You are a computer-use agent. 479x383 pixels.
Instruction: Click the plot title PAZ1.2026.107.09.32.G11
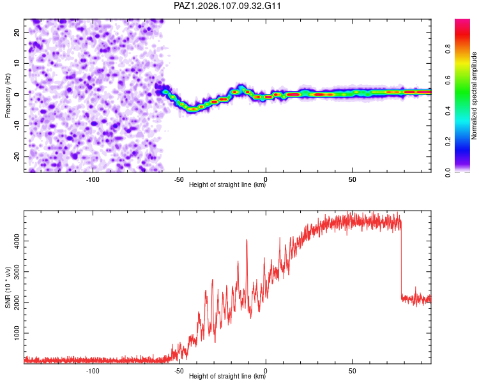pos(227,6)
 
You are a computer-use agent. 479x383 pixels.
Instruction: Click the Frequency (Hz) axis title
pos(8,96)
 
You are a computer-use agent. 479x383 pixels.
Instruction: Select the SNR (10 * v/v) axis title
pos(8,287)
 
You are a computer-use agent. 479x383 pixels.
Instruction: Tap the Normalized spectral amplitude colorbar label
pos(474,96)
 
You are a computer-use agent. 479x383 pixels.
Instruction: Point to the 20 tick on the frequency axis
pos(17,32)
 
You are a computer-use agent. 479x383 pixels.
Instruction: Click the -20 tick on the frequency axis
pos(17,156)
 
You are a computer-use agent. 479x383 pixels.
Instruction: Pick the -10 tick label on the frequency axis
pos(17,126)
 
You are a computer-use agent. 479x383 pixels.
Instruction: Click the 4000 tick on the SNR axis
pos(17,241)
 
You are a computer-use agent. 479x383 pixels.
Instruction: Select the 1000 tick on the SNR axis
pos(17,333)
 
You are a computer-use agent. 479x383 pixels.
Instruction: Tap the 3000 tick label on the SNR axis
pos(17,272)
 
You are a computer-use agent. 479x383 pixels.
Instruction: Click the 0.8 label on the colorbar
pos(448,49)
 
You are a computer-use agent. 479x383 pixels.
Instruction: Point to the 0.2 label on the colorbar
pos(448,142)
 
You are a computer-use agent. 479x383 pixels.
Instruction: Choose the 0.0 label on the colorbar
pos(448,172)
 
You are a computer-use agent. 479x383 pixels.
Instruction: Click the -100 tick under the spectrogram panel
pos(93,179)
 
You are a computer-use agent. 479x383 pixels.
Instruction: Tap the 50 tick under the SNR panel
pos(352,371)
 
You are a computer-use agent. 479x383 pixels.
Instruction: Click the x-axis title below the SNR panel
pos(227,376)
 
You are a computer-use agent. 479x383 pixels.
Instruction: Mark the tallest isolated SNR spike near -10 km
pos(247,240)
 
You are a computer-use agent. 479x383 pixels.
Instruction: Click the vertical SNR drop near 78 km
pos(401,260)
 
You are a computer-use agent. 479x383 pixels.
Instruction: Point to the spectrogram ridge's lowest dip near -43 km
pos(192,109)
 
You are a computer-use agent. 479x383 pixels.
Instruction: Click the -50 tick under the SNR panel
pos(179,371)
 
